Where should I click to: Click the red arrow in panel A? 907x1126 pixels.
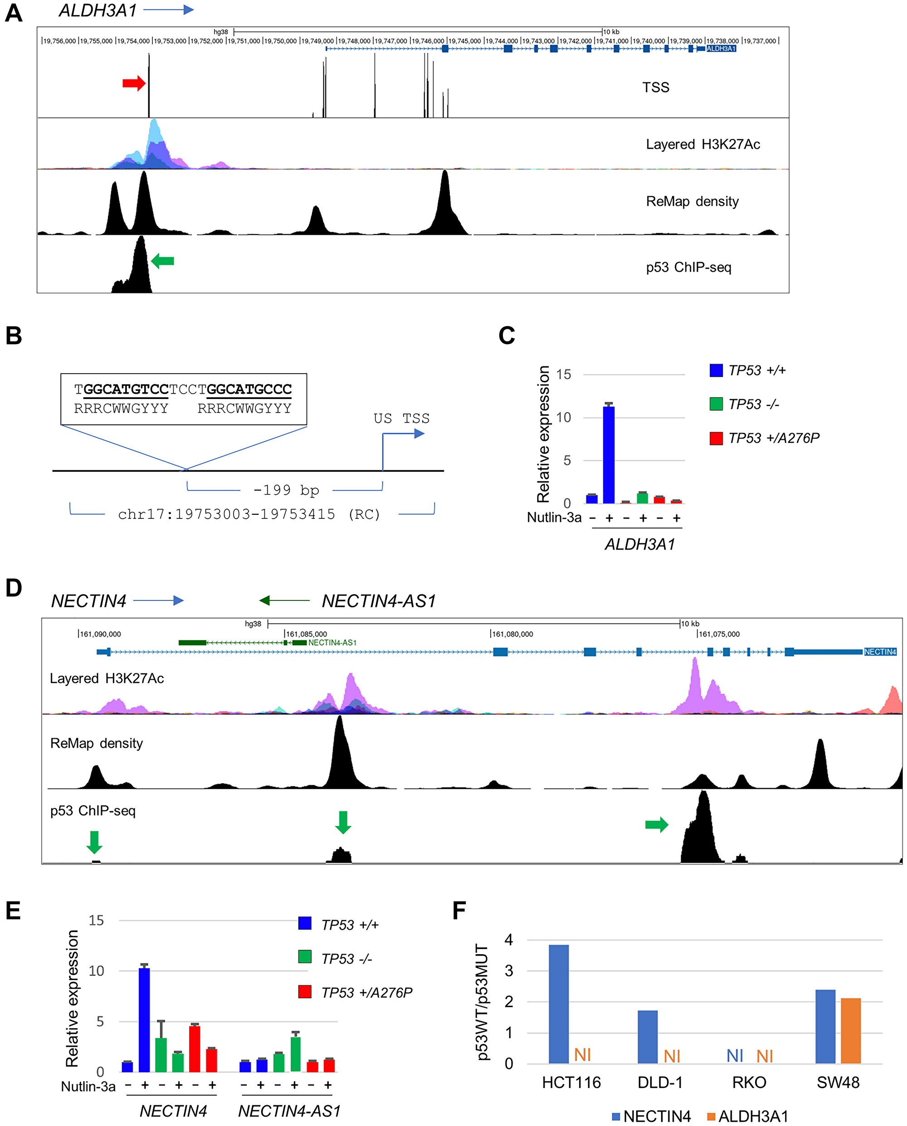pos(134,83)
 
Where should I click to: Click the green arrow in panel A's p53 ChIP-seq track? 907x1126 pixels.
pos(162,261)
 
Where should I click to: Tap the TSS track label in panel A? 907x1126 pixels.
pos(655,87)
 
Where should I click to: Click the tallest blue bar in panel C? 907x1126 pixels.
pos(609,454)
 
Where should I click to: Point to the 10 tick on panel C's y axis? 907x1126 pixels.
pos(563,418)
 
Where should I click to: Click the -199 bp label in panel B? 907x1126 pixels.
pos(286,490)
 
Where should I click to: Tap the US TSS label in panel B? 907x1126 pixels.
pos(401,419)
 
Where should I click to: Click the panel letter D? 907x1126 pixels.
pos(14,588)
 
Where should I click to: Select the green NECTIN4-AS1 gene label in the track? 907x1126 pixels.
pos(332,643)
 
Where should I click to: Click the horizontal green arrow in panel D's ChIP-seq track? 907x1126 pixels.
pos(656,824)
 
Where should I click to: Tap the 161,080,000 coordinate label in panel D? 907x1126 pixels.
pos(512,634)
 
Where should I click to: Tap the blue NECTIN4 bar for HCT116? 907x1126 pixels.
pos(559,1004)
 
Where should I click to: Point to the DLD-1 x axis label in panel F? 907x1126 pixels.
pos(660,1082)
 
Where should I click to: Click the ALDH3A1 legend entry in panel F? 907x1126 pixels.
pos(747,1116)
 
